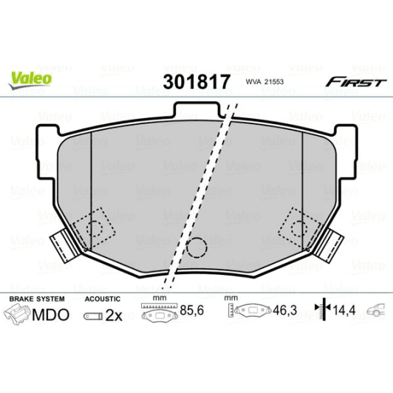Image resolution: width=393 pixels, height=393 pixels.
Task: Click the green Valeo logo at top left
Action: coord(30,76)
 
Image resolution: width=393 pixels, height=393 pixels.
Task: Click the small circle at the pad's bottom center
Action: coord(196,249)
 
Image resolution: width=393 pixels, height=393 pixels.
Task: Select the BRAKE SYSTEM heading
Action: coord(36,299)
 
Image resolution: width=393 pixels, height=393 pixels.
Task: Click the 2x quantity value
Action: coord(112,315)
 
